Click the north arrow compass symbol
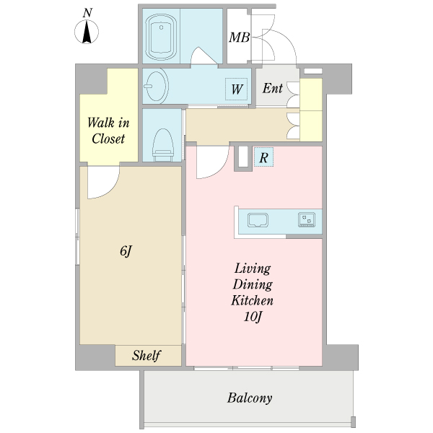pos(87,32)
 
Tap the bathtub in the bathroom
pos(161,37)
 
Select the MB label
pos(239,38)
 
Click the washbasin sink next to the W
pos(157,86)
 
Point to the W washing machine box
pos(237,89)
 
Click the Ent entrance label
pos(273,88)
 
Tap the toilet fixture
pos(163,145)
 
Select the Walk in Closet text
pos(108,131)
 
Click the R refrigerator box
pos(263,157)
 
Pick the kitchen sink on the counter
pos(258,220)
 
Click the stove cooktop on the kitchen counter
pos(307,220)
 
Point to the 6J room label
pos(126,251)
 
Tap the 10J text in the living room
pos(253,317)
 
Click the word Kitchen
pos(252,300)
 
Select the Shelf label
pos(146,355)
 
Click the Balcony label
pos(250,398)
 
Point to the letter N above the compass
pos(87,13)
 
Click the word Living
pos(253,268)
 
